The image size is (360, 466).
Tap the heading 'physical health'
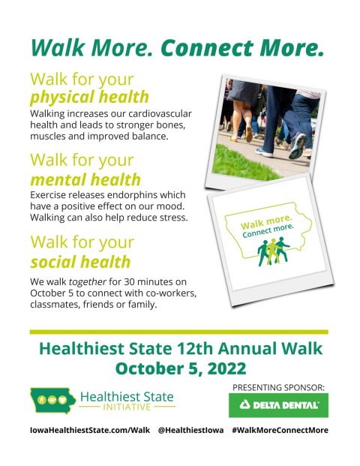click(89, 98)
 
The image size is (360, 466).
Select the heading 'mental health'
click(85, 179)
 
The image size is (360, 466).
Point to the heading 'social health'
click(81, 262)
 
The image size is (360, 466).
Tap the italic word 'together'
click(88, 281)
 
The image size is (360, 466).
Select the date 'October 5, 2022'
click(181, 368)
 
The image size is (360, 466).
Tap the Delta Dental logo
click(278, 405)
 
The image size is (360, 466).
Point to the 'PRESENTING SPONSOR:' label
click(278, 387)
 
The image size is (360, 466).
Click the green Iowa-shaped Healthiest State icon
click(52, 400)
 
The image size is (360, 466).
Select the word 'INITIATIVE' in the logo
click(127, 407)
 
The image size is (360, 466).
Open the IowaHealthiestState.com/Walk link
click(90, 430)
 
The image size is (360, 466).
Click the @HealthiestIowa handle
click(190, 430)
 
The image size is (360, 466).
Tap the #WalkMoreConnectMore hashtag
click(280, 430)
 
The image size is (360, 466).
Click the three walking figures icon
click(273, 251)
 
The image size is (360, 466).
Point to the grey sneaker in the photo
click(298, 145)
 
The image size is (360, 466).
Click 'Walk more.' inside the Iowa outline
click(266, 222)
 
